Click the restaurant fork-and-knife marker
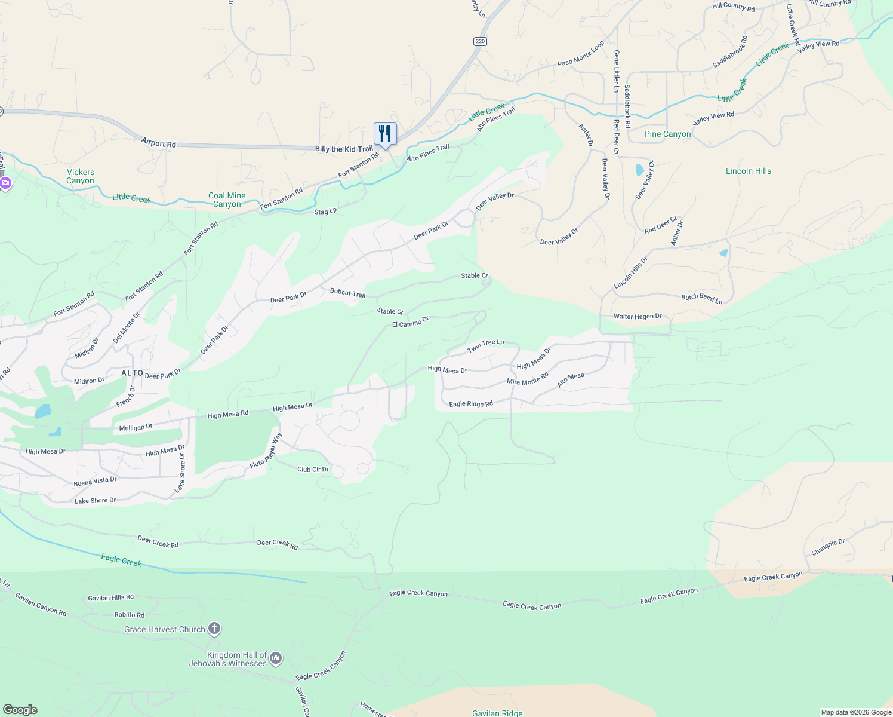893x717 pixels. click(x=385, y=134)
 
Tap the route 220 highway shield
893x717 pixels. click(x=481, y=41)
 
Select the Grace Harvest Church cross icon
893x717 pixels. click(x=214, y=629)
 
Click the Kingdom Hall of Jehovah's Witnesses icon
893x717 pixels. click(x=276, y=658)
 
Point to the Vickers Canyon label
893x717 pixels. click(x=80, y=176)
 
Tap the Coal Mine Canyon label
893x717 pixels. click(x=227, y=200)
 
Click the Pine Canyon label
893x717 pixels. click(x=667, y=134)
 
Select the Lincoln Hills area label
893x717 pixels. click(x=748, y=171)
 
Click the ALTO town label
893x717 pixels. click(x=133, y=373)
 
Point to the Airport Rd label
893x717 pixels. click(x=159, y=143)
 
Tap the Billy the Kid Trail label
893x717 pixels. click(x=344, y=149)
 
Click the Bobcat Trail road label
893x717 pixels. click(x=347, y=293)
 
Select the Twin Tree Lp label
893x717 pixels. click(x=485, y=345)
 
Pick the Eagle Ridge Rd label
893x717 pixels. click(x=471, y=404)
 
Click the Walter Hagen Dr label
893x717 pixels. click(x=638, y=316)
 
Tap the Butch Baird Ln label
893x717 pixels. click(x=702, y=299)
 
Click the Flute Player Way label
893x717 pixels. click(x=266, y=451)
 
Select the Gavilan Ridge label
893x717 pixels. click(x=497, y=713)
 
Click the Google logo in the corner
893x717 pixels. click(x=20, y=709)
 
